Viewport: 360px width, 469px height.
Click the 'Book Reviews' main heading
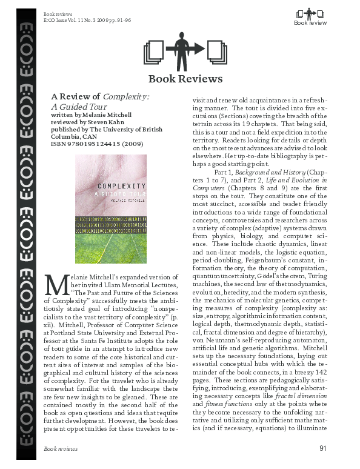pyautogui.click(x=185, y=79)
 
